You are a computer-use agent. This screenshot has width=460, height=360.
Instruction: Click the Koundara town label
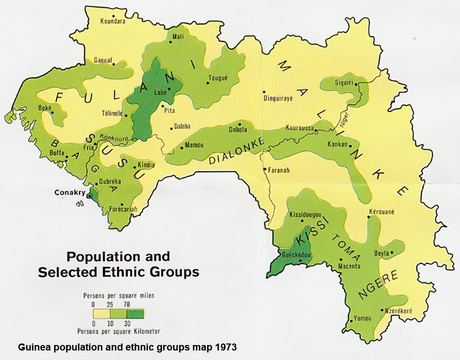coord(112,21)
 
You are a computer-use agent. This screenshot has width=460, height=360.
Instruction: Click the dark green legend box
coord(135,314)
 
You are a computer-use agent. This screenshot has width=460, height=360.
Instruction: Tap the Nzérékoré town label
coord(398,311)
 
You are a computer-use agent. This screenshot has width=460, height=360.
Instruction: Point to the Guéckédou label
coord(297,254)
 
